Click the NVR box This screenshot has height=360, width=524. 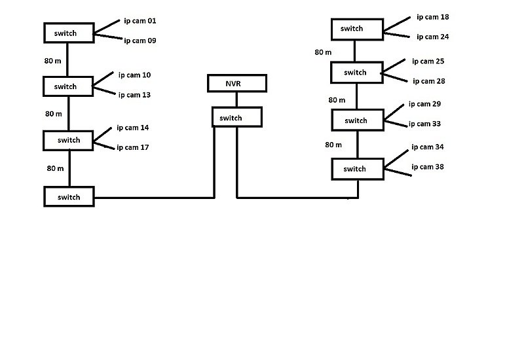[237, 83]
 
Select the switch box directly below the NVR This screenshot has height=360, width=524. [236, 117]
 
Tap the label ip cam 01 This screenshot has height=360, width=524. [140, 21]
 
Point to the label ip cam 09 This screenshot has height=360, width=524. [140, 41]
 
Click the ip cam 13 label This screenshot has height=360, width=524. [134, 95]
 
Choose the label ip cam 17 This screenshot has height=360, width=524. [133, 147]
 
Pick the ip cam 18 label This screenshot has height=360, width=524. [432, 17]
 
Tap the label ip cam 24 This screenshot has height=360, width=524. [432, 37]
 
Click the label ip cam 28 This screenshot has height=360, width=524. [428, 81]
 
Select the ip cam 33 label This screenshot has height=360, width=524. [424, 124]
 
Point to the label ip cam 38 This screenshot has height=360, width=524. [427, 167]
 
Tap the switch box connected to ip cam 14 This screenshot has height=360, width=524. [69, 140]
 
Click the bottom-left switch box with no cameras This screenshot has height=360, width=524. [69, 197]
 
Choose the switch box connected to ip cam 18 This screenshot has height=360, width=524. [356, 29]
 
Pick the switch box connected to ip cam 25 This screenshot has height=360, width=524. [356, 73]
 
